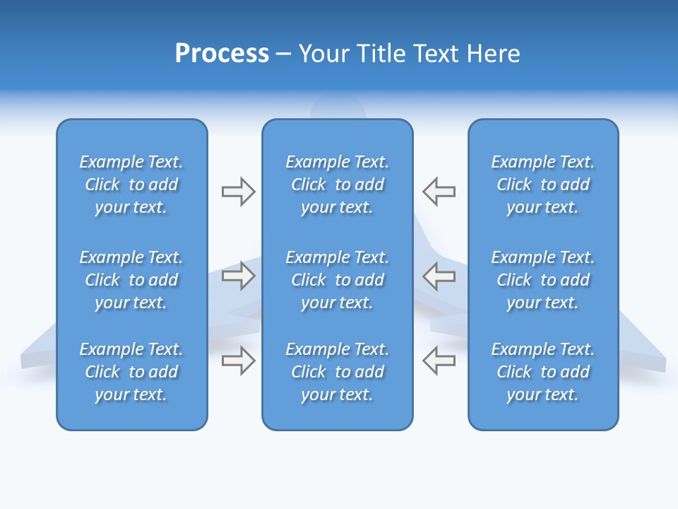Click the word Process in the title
222,54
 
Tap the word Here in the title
493,54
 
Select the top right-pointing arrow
238,192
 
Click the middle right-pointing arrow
238,276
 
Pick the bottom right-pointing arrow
238,361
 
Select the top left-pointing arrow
439,192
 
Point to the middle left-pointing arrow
439,276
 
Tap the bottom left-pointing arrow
439,361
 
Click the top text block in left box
131,185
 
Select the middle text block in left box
131,280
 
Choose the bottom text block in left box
131,372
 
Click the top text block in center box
337,185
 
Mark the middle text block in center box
337,280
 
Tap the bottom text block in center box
337,372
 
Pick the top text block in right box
542,185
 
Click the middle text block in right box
542,280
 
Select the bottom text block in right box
542,372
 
